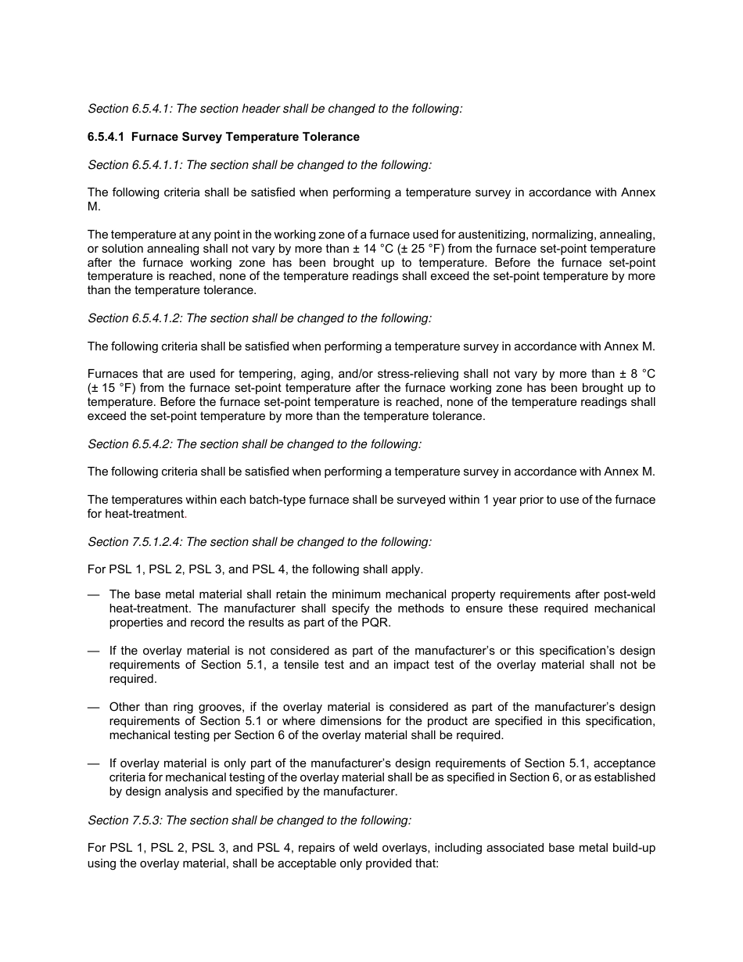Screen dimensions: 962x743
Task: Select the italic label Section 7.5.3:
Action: (x=125, y=820)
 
